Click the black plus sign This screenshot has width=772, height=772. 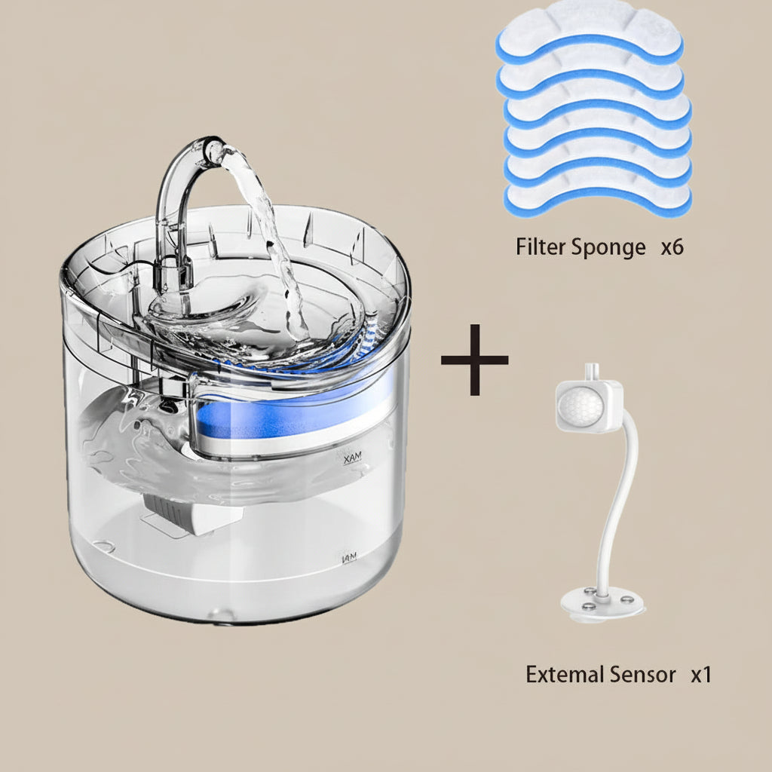(x=474, y=360)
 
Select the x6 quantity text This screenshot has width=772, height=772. (x=672, y=247)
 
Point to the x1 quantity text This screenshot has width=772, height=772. (x=701, y=675)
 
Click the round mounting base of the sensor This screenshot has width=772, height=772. (x=602, y=604)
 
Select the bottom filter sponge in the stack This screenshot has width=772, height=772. (x=598, y=198)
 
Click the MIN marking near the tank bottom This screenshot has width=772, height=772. (x=351, y=559)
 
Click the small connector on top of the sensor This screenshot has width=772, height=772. (x=590, y=372)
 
